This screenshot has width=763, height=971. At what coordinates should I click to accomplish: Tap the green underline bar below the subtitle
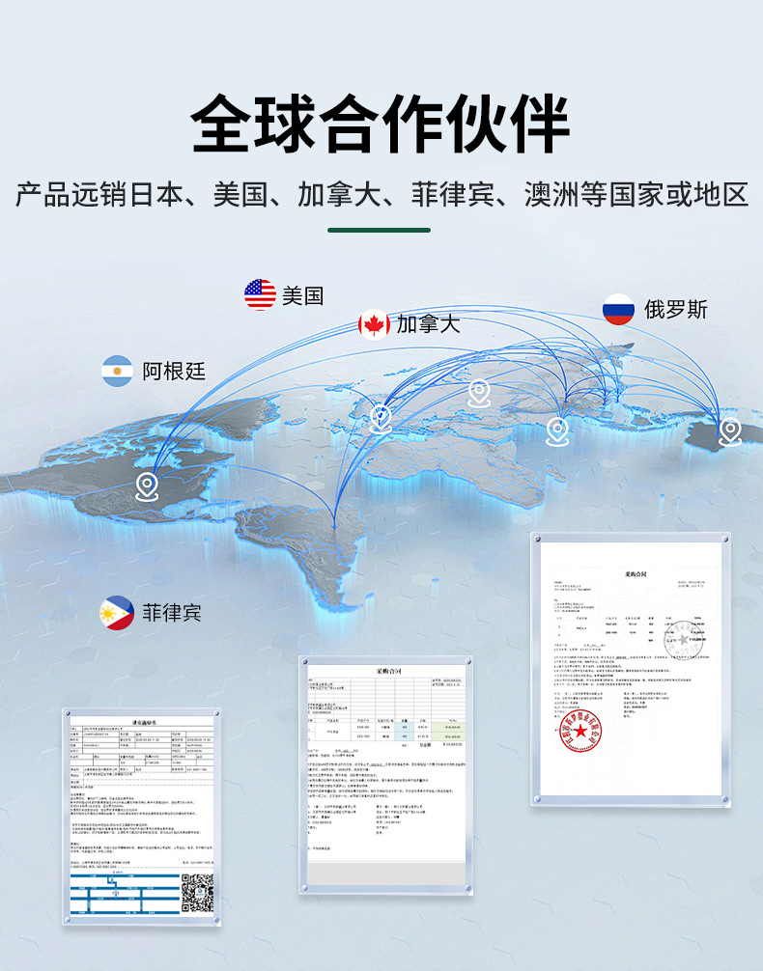(x=380, y=230)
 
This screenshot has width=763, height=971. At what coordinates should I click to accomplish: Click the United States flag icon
(x=260, y=294)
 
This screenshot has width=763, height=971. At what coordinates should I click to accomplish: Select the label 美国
(x=302, y=295)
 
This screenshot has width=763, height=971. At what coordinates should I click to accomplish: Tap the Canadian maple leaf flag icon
(x=374, y=324)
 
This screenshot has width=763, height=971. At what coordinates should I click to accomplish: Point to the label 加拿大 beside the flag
(x=428, y=324)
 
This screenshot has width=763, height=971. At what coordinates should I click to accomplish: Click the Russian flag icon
(x=618, y=309)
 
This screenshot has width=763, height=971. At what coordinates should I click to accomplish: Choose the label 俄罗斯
(x=676, y=309)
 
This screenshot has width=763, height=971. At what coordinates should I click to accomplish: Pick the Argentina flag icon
(x=118, y=371)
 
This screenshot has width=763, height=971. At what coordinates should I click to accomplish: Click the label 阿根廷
(x=174, y=371)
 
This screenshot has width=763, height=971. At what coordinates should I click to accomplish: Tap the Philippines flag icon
(x=117, y=613)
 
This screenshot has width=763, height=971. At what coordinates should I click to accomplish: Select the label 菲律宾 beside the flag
(x=172, y=613)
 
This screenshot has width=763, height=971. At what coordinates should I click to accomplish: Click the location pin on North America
(x=146, y=485)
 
